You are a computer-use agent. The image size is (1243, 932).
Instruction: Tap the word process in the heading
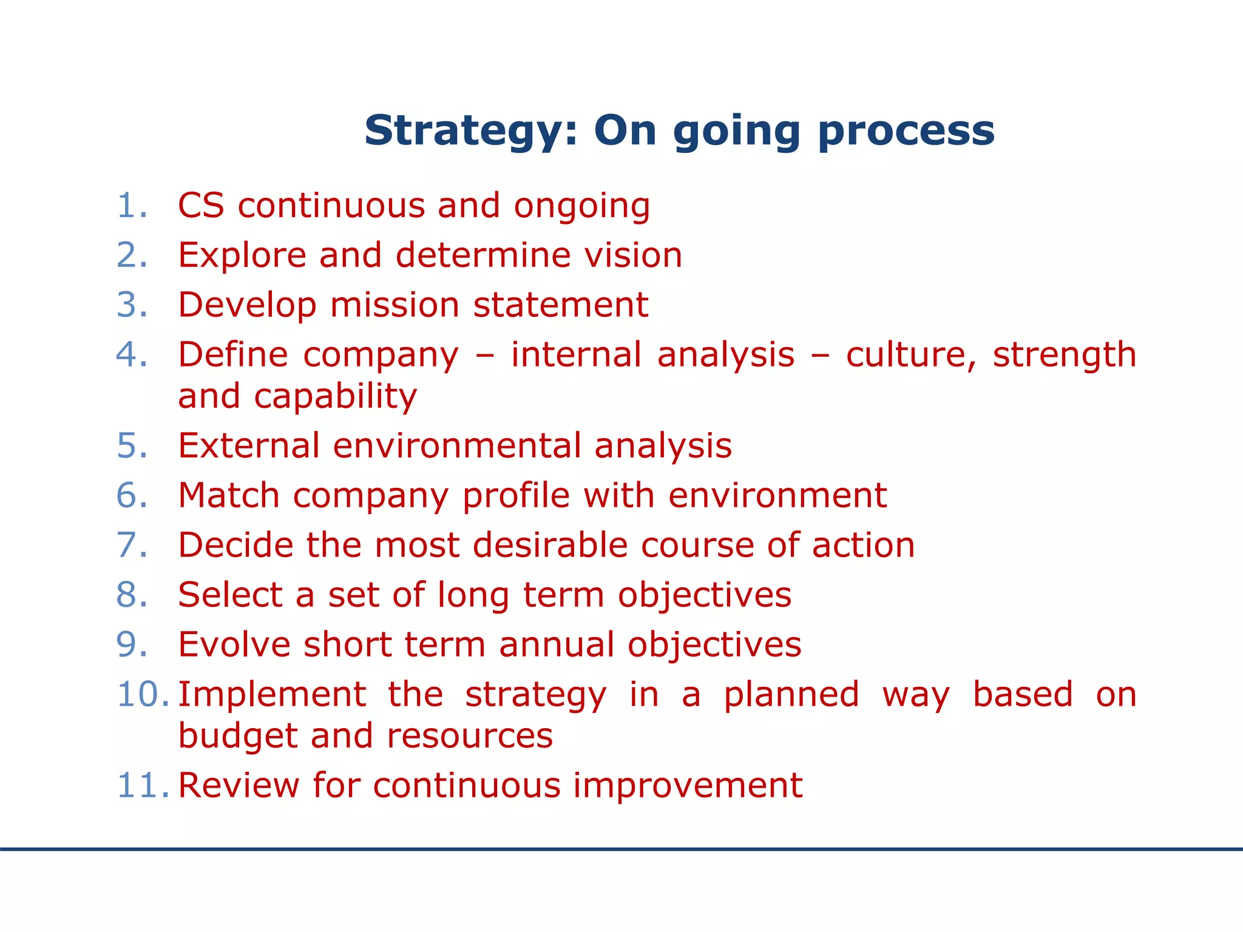click(907, 132)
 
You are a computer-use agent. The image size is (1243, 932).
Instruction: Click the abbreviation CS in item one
click(201, 206)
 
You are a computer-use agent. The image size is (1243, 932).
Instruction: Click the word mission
click(395, 305)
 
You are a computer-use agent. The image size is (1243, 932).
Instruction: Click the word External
click(249, 446)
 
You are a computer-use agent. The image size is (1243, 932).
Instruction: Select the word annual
click(557, 645)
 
